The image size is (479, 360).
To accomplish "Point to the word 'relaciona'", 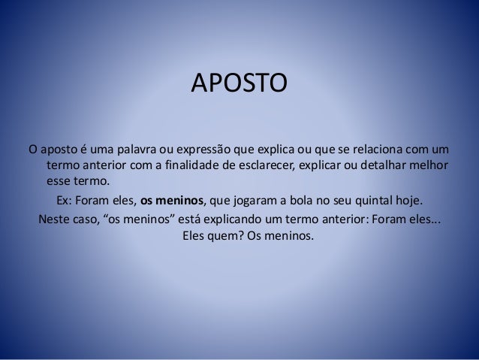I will (374, 147).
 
